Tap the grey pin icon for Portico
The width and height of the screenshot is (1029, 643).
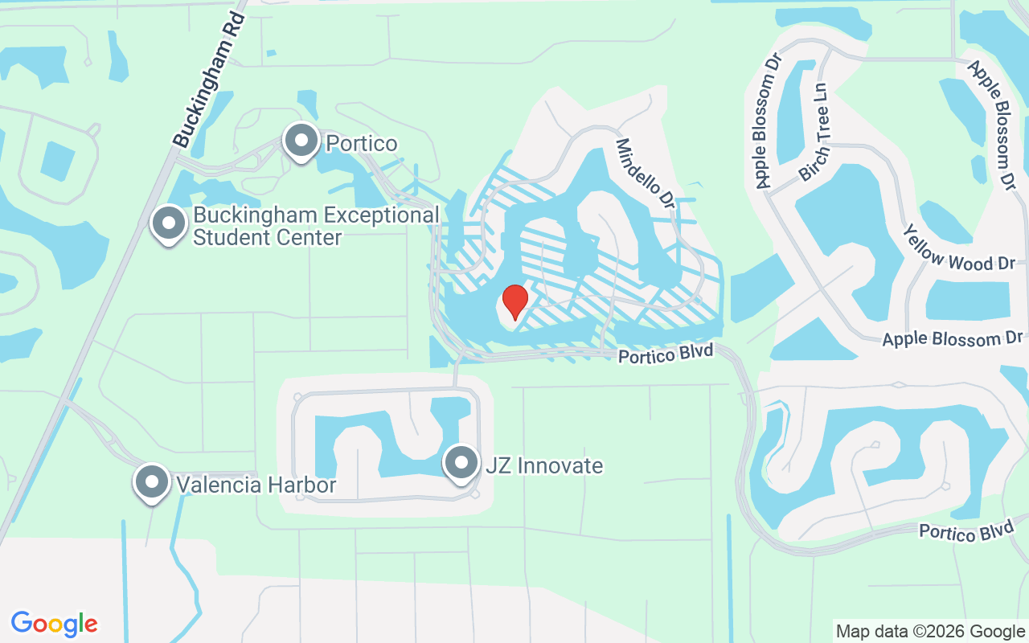coord(301,141)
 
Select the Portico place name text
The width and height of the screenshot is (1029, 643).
coord(361,143)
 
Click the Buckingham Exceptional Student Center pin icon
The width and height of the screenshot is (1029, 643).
coord(169,224)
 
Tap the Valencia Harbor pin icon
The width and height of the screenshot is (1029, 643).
coord(152,482)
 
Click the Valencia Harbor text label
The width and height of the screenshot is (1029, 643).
coord(256,485)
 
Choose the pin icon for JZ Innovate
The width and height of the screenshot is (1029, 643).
coord(461,463)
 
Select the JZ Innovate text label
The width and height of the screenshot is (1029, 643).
coord(543,465)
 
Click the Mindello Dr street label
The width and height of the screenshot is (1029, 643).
coord(644,174)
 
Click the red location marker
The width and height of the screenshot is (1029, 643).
coord(514,301)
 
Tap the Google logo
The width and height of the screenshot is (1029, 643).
coord(55,624)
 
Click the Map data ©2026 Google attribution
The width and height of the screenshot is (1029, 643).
coord(930,632)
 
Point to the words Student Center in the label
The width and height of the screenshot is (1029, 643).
coord(267,238)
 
